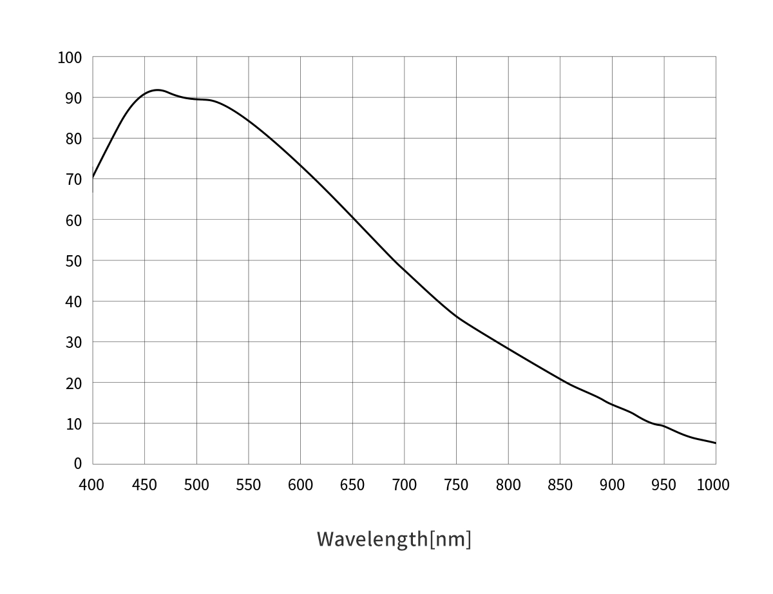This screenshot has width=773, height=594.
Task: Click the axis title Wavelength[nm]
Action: tap(394, 538)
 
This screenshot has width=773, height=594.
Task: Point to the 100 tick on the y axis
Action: tap(70, 57)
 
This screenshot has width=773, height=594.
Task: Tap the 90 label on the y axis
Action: tap(73, 98)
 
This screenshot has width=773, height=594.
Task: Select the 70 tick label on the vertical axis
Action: tap(73, 179)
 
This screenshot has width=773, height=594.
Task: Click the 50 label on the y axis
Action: tap(73, 261)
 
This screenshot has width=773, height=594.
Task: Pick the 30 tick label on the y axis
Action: tap(73, 342)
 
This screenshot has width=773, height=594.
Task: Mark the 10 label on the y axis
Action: tap(73, 424)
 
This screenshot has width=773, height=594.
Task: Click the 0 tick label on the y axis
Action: tap(78, 463)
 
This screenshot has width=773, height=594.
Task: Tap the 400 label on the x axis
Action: tap(91, 485)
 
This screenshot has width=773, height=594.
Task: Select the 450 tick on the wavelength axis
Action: tap(144, 485)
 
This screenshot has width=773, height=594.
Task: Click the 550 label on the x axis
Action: tap(248, 485)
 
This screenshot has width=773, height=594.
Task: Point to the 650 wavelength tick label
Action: tap(352, 485)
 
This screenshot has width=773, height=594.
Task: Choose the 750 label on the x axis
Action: tap(456, 485)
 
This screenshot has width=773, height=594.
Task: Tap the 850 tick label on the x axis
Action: tap(560, 485)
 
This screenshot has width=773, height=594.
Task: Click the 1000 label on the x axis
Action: tap(712, 485)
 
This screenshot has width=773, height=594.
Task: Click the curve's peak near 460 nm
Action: tap(157, 90)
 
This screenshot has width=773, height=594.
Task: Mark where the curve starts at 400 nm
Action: tap(93, 177)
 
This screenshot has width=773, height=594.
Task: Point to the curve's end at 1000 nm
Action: tap(715, 443)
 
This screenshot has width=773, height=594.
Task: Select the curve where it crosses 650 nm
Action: tap(352, 218)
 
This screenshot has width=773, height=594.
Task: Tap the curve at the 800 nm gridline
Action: tap(508, 349)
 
